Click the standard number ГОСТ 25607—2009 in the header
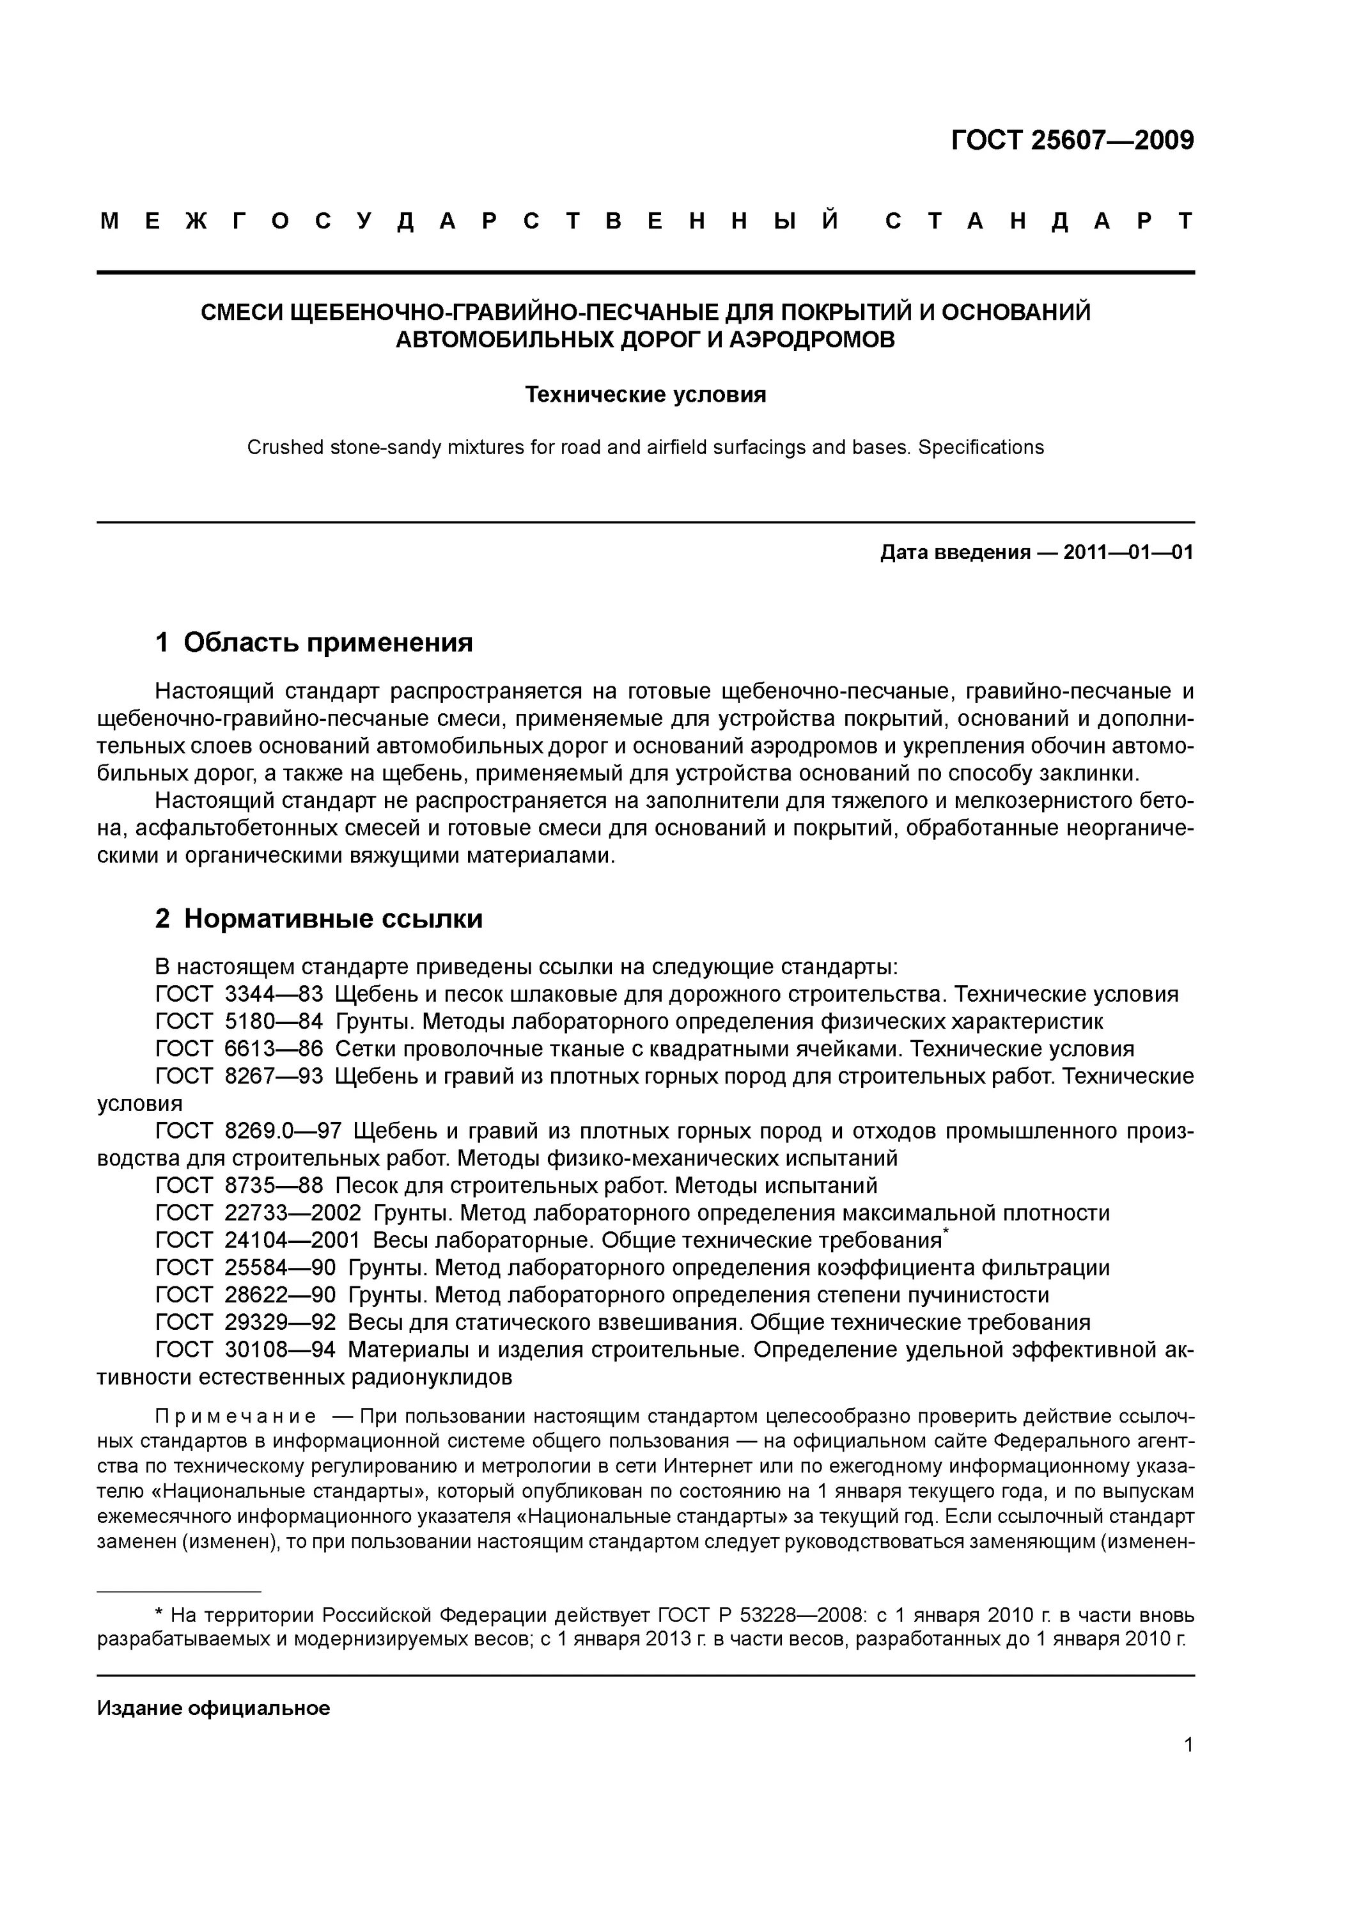coord(1072,141)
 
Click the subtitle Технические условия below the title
coord(645,395)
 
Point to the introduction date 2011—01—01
coord(1128,553)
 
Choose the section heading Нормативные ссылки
coord(332,919)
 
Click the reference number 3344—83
coord(273,995)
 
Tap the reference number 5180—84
coord(273,1022)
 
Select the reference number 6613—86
coord(273,1050)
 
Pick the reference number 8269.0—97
coord(283,1132)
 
